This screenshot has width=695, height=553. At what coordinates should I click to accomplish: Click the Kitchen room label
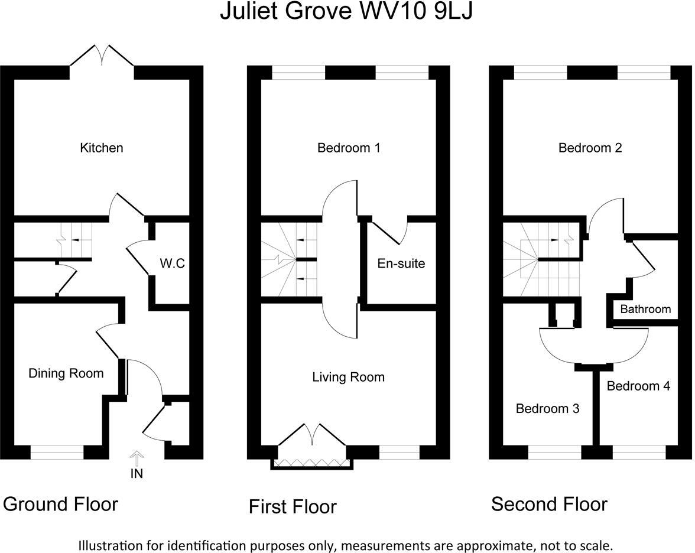click(x=102, y=148)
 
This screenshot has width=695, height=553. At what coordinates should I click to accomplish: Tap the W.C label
click(x=173, y=264)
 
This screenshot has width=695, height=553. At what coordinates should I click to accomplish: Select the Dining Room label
click(x=66, y=373)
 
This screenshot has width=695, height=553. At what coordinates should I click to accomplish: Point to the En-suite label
click(x=401, y=264)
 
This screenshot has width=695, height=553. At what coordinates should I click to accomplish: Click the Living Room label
click(x=349, y=377)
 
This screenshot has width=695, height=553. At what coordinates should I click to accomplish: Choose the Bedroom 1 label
click(x=349, y=148)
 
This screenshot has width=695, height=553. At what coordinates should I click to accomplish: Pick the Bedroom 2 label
click(x=590, y=148)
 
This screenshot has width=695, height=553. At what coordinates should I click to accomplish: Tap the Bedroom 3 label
click(x=547, y=408)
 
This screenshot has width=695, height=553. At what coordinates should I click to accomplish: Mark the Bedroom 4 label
click(x=638, y=386)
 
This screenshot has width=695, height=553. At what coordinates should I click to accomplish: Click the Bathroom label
click(x=645, y=309)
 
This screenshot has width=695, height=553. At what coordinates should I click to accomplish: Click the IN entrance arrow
click(x=137, y=457)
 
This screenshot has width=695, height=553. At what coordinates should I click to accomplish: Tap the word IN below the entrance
click(x=137, y=474)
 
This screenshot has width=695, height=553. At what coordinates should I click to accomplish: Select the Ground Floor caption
click(x=60, y=505)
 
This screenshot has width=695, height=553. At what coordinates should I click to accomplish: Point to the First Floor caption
click(x=293, y=506)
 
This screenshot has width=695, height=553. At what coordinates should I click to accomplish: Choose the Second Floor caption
click(x=549, y=505)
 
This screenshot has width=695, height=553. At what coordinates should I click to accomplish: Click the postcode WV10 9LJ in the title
click(x=416, y=11)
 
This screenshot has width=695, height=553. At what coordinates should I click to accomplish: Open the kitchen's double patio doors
click(x=102, y=56)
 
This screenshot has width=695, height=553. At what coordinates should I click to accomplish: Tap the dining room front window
click(x=57, y=453)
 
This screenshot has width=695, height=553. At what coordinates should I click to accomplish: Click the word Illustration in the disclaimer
click(x=109, y=545)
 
